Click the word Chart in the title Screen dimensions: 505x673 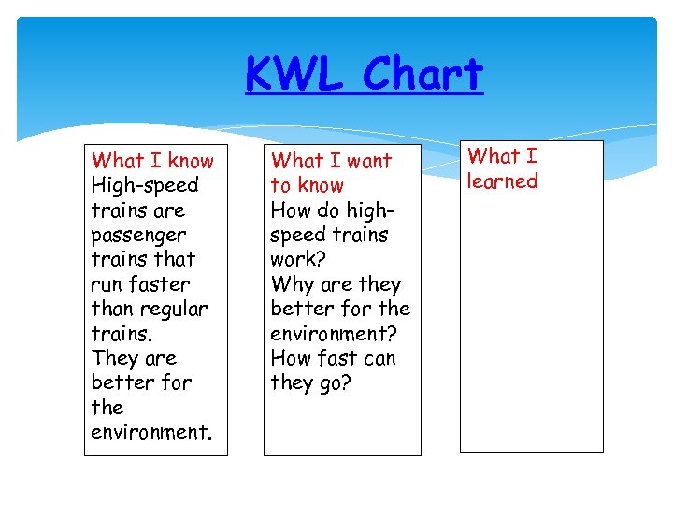click(x=422, y=75)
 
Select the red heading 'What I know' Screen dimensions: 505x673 click(x=152, y=161)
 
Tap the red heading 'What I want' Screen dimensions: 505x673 click(x=331, y=161)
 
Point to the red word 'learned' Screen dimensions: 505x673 click(x=503, y=181)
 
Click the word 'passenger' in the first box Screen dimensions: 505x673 click(x=138, y=236)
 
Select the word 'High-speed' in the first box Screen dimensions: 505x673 click(x=145, y=185)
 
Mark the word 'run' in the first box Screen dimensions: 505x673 click(x=107, y=284)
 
